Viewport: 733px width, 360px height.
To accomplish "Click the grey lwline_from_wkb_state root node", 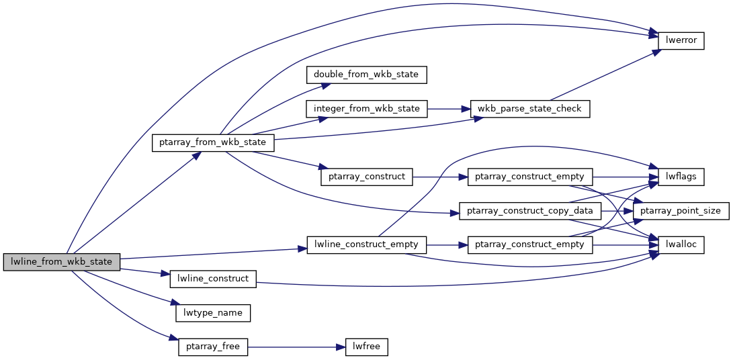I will pos(61,261).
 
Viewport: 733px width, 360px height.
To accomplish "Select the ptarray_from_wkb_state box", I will pos(213,142).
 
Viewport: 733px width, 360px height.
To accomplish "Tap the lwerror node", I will pos(681,40).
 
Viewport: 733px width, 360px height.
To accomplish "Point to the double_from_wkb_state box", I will pos(366,74).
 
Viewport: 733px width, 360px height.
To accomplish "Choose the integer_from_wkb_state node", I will pos(366,108).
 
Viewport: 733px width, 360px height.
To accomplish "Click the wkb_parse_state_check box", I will pos(530,108).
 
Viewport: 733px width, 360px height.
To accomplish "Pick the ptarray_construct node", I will pos(366,177).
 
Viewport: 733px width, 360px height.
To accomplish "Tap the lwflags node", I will pos(681,177).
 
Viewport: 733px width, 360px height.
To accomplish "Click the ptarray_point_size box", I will pos(681,211).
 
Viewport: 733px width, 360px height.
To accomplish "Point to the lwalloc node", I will pos(681,245).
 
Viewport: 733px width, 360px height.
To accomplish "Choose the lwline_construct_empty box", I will pos(366,244).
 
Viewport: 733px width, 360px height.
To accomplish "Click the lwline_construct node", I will pos(213,279).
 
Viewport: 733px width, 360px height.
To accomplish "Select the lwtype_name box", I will pos(213,313).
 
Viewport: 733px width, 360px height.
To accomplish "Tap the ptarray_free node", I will pos(213,347).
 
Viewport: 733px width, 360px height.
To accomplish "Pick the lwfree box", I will pos(366,347).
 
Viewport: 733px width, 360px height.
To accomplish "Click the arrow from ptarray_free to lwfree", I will pos(296,347).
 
